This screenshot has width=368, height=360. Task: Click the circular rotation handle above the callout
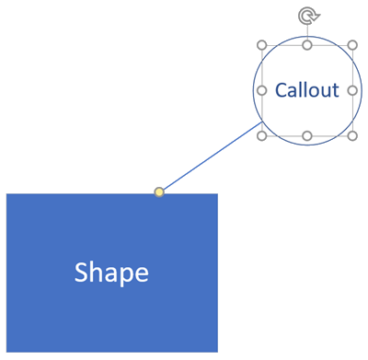307,15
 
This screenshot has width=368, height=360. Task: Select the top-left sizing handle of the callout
262,45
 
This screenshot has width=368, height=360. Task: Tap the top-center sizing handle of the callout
307,45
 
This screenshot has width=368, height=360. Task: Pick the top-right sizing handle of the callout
352,45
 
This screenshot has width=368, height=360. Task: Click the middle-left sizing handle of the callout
262,90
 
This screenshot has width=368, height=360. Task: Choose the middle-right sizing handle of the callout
352,90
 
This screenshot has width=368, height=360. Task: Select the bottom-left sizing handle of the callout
262,135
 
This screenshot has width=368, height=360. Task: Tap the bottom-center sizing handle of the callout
307,135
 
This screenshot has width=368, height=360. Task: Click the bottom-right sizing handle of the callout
352,135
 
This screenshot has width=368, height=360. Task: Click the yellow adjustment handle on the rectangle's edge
159,192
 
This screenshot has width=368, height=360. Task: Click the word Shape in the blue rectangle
111,273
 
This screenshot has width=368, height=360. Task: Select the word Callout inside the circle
307,90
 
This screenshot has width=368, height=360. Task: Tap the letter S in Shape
81,273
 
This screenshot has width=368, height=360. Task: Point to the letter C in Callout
281,90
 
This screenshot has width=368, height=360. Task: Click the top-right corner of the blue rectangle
217,194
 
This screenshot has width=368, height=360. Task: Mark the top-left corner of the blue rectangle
7,194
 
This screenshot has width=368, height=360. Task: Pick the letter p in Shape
125,275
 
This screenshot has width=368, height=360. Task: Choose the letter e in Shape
141,274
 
